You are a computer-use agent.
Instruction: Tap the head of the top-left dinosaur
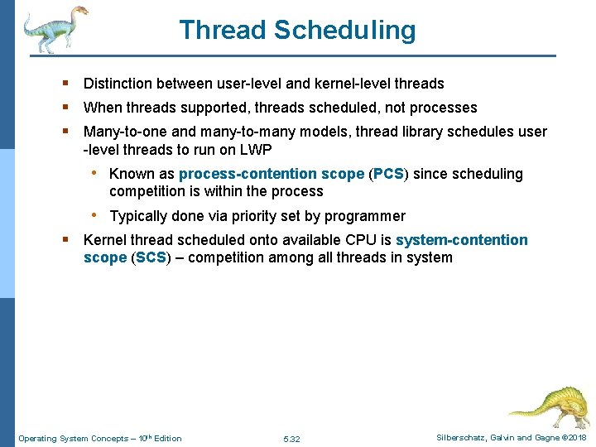(x=79, y=12)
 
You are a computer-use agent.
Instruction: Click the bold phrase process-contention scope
(x=271, y=174)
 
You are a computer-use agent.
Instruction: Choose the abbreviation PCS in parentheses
(x=387, y=174)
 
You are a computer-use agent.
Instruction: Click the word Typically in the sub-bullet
(x=138, y=216)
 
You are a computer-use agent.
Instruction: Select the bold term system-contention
(x=461, y=240)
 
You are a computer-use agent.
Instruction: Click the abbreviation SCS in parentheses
(x=151, y=257)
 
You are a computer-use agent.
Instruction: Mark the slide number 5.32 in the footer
(x=291, y=438)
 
